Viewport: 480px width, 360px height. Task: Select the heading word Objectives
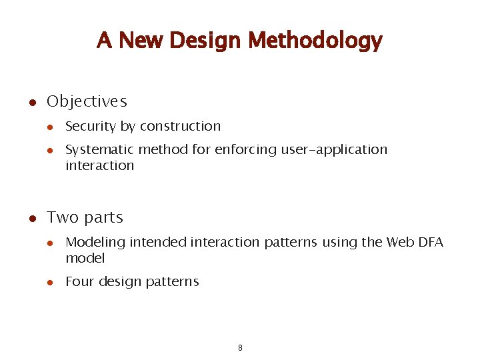coord(87,102)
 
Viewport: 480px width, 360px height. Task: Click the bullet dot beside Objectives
coord(31,103)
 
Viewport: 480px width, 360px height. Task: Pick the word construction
coord(183,127)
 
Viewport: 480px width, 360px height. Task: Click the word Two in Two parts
coord(63,218)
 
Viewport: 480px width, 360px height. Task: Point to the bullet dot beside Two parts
coord(31,219)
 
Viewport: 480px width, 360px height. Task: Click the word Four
coord(80,282)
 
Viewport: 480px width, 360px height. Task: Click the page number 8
coord(240,348)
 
